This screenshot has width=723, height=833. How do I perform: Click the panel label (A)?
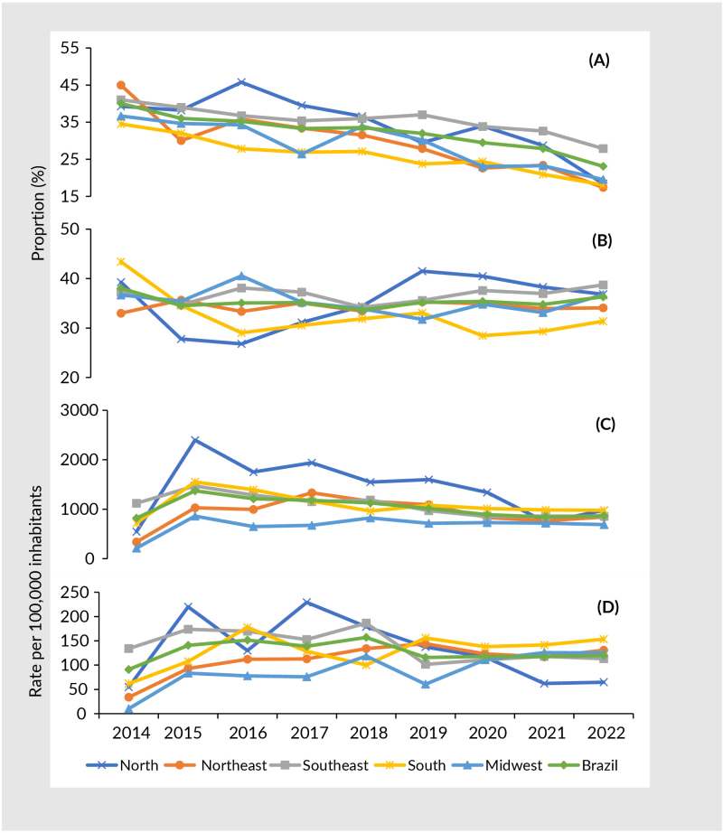599,61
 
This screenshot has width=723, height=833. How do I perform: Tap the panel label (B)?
599,241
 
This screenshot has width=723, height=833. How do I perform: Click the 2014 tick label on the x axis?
130,731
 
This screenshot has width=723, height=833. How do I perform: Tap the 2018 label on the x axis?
367,731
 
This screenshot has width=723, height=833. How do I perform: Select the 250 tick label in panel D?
81,593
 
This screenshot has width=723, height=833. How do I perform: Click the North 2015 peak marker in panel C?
195,440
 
